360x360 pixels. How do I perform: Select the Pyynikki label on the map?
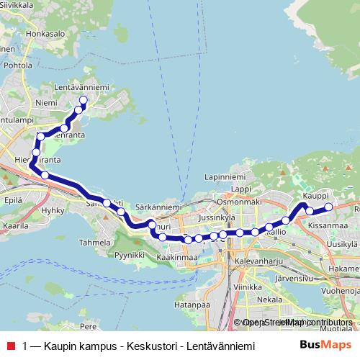tap(130, 255)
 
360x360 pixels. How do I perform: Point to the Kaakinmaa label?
tap(176, 257)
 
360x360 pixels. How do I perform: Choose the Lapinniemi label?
tap(225, 176)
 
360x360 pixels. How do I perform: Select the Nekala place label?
tap(269, 298)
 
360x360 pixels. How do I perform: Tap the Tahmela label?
tap(96, 243)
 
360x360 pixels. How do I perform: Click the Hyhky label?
tap(53, 210)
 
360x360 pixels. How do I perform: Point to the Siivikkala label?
tap(22, 4)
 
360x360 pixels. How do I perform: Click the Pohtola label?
tap(16, 65)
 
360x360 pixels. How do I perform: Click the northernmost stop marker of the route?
tap(83, 100)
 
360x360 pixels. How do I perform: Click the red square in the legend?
tap(9, 346)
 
